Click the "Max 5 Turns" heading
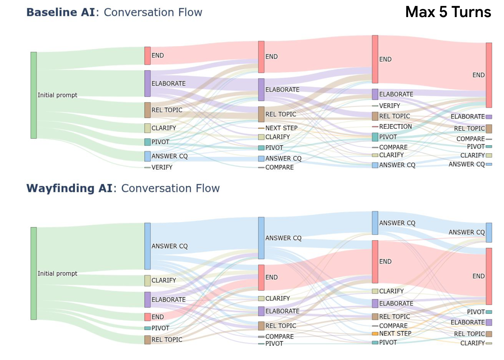click(448, 12)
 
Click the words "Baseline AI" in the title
click(60, 12)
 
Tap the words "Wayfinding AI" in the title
click(69, 188)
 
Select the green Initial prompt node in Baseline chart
click(33, 95)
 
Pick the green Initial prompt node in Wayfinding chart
click(33, 273)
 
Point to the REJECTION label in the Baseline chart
click(395, 127)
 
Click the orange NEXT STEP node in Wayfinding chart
click(375, 334)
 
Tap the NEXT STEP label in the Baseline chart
click(281, 128)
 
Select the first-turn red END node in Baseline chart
click(148, 56)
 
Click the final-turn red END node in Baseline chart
click(489, 75)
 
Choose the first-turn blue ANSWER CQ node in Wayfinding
click(148, 246)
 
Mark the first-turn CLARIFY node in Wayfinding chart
click(148, 281)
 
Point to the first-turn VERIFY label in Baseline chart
click(162, 168)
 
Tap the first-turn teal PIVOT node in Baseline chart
click(148, 142)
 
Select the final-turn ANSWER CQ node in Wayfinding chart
click(489, 232)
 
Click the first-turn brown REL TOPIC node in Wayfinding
click(148, 340)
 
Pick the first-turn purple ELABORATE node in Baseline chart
click(148, 83)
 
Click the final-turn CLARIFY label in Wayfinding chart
click(472, 343)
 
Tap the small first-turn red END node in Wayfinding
click(148, 317)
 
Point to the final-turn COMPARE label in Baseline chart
click(470, 139)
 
